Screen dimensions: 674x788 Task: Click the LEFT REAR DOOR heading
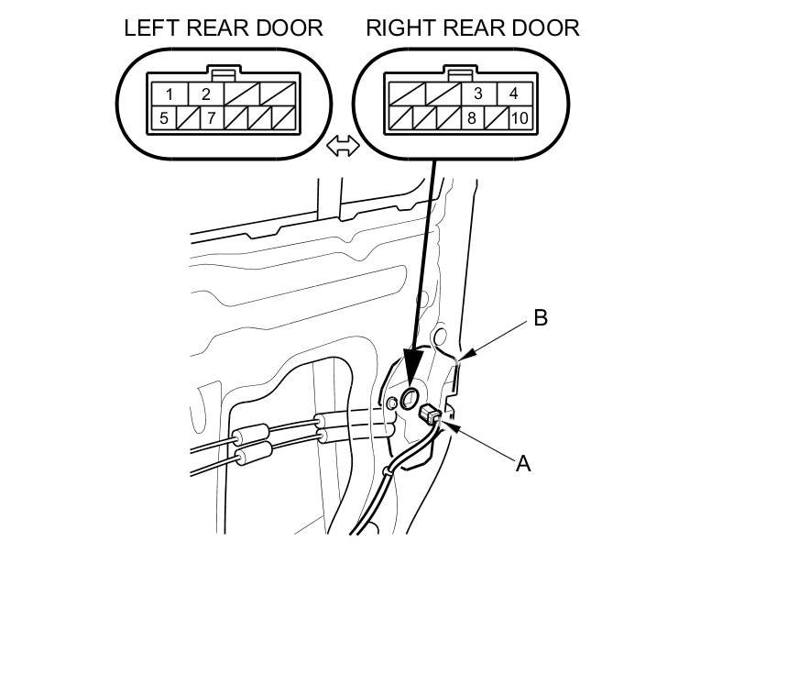click(223, 28)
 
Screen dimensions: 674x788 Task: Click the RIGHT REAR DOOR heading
click(472, 28)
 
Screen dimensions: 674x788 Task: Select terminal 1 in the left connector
click(169, 94)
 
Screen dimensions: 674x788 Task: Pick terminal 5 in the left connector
click(163, 117)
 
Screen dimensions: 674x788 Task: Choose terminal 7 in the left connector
click(212, 117)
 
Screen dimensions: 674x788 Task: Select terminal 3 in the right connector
click(478, 94)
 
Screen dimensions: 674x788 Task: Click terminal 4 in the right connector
click(514, 94)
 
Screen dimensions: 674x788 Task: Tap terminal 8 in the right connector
click(471, 117)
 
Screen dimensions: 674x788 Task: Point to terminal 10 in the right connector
click(520, 117)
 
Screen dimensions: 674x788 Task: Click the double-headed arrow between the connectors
click(343, 146)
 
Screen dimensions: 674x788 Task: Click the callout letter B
click(541, 318)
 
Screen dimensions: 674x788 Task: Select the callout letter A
click(523, 463)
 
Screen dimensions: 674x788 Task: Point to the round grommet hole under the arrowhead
click(410, 397)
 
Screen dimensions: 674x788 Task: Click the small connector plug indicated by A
click(429, 416)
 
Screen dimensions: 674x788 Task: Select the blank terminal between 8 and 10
click(497, 117)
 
